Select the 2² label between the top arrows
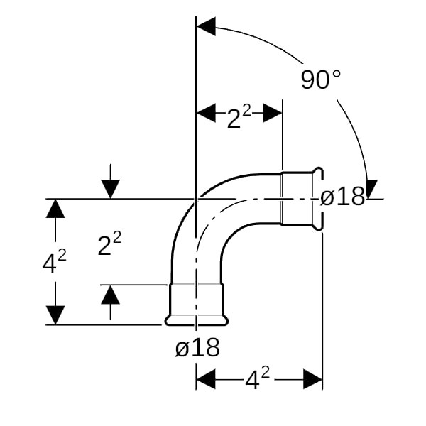240,118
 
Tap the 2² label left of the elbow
109,245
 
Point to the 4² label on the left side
54,262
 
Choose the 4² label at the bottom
257,380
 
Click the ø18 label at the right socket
342,197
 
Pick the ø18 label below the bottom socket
197,348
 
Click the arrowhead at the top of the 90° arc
205,27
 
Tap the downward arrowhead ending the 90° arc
371,189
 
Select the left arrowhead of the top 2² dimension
206,112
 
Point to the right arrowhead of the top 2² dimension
273,112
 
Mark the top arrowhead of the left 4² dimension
55,209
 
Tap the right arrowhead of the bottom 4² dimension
313,379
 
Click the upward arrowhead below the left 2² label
110,293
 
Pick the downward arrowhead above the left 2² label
110,189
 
